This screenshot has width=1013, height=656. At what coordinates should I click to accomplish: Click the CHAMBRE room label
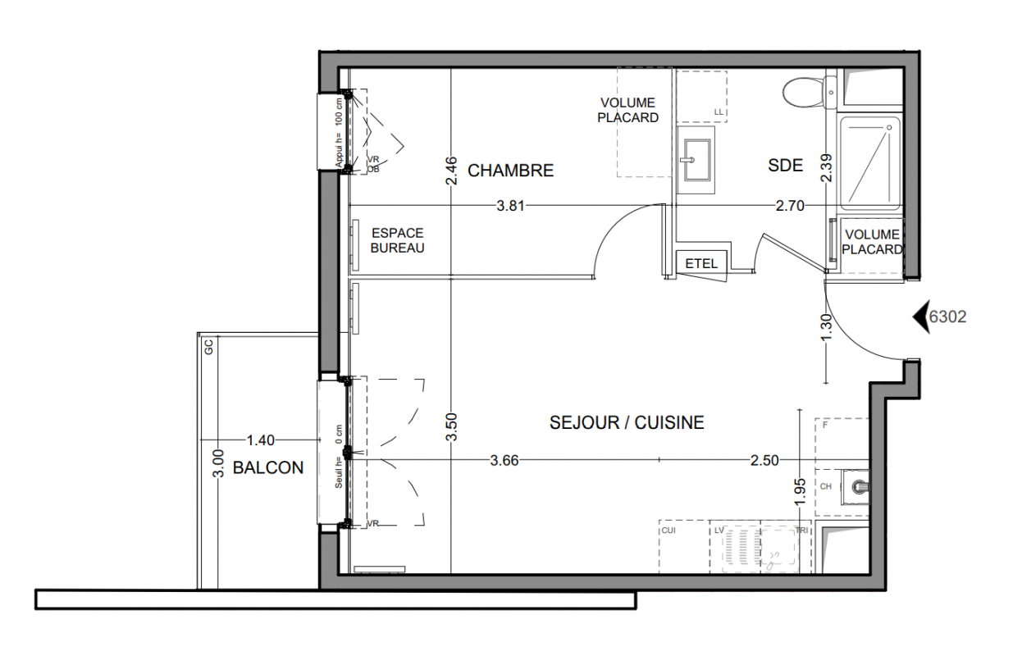(x=510, y=171)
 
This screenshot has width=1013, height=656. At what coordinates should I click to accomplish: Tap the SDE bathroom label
(x=786, y=166)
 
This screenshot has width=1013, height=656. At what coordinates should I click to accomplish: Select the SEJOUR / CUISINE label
(x=627, y=423)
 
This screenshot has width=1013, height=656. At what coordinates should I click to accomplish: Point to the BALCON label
(x=268, y=467)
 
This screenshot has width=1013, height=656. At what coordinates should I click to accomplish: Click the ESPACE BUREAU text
(x=398, y=240)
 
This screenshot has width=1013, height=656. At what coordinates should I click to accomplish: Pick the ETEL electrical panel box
(x=701, y=263)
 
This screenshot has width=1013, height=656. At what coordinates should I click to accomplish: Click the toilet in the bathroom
(x=810, y=93)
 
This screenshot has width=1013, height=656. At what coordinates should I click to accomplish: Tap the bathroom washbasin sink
(x=696, y=160)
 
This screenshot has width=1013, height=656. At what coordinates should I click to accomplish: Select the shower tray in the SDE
(x=870, y=162)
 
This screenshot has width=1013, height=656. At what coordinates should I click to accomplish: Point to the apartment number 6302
(x=948, y=317)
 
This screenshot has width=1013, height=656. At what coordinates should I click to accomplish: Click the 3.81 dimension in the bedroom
(x=510, y=206)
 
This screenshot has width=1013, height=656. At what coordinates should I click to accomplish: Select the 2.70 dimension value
(x=790, y=206)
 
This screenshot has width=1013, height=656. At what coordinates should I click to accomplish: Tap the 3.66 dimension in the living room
(x=504, y=460)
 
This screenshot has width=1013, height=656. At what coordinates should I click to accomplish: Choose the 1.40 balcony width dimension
(x=261, y=440)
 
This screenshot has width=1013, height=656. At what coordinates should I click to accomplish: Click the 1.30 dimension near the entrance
(x=826, y=328)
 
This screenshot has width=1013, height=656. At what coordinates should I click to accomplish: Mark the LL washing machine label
(x=719, y=112)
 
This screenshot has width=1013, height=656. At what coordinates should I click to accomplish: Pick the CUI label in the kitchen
(x=668, y=531)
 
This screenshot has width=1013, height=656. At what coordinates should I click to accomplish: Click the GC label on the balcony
(x=208, y=347)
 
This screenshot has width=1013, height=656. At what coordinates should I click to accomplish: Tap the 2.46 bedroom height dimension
(x=451, y=171)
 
